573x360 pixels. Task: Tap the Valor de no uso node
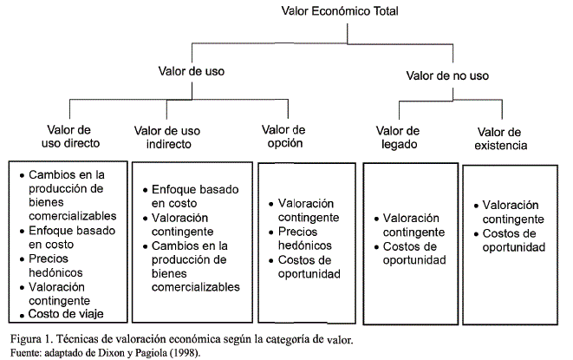(x=449, y=76)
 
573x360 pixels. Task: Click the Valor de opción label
(x=283, y=136)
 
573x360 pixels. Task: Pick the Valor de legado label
(x=400, y=137)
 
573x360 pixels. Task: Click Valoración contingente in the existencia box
(x=513, y=212)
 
